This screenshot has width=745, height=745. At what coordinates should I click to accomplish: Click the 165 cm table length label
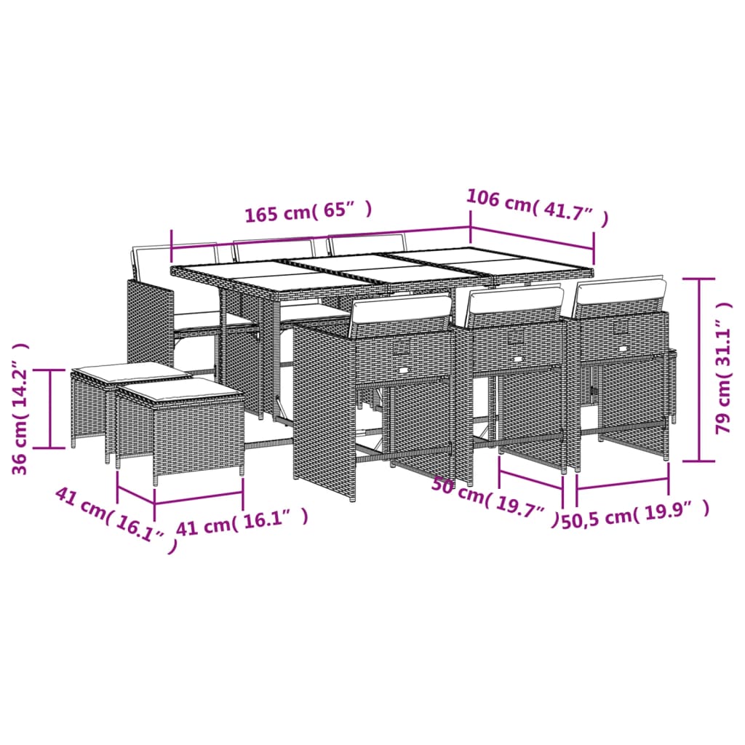[308, 213]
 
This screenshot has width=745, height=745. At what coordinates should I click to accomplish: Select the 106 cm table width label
[536, 207]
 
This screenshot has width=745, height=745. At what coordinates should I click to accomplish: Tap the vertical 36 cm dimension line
[51, 408]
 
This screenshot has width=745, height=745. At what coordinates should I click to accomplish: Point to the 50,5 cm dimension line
[622, 483]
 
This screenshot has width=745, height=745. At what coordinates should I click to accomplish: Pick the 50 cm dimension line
[531, 481]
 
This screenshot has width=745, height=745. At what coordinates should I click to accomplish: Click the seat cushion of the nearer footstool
[180, 391]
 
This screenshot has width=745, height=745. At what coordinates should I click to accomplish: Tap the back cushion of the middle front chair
[515, 300]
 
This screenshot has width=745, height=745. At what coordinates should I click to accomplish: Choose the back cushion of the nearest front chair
[400, 310]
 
